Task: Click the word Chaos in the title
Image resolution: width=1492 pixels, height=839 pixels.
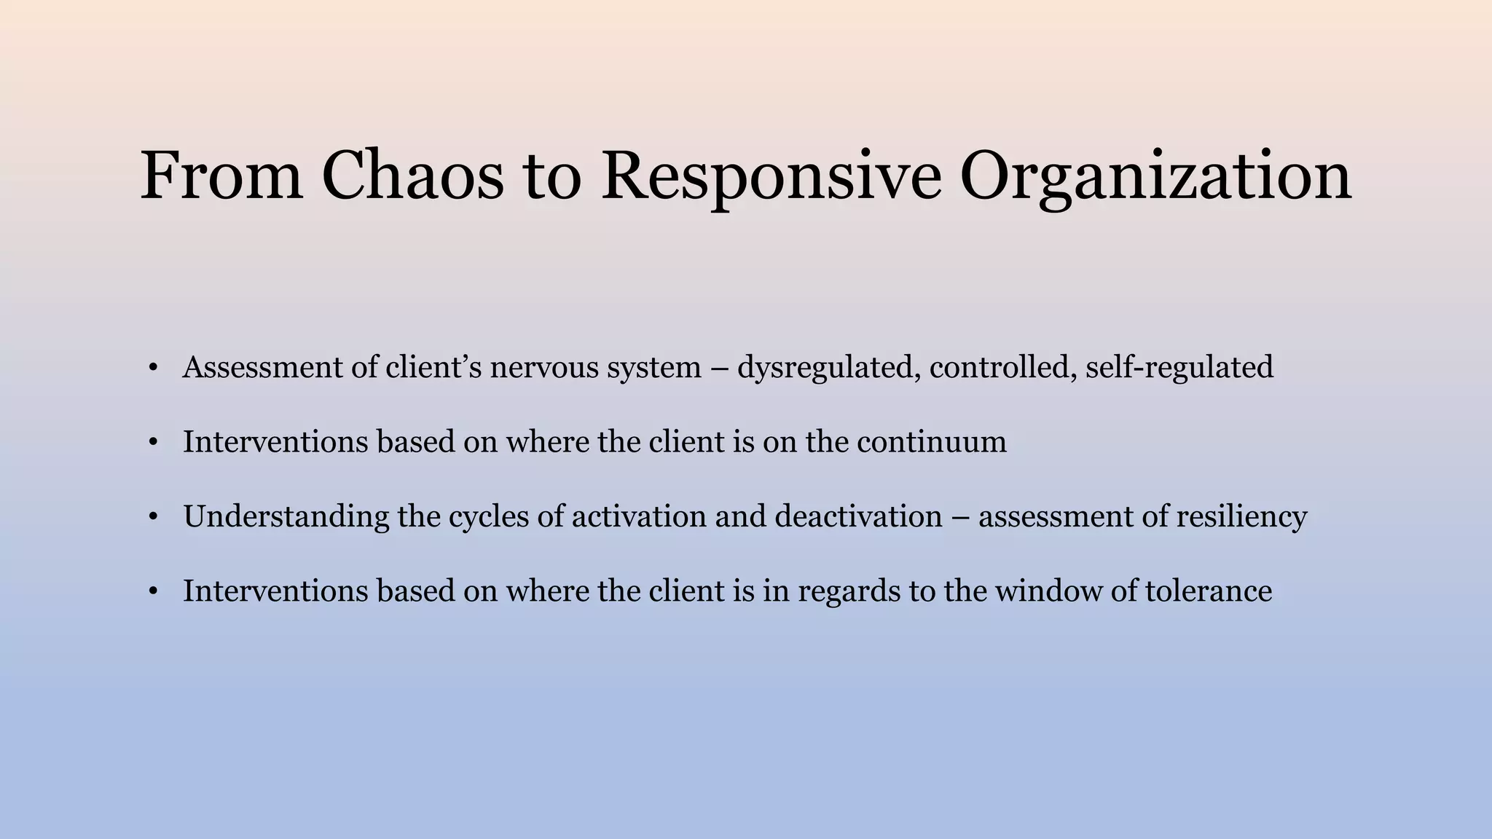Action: (412, 176)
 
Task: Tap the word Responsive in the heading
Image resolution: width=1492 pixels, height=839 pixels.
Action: (771, 176)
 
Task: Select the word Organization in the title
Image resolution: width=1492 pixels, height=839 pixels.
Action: (1155, 176)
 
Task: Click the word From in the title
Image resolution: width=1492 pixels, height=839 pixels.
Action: (221, 176)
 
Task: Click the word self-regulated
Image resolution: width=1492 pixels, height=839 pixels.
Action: (1179, 367)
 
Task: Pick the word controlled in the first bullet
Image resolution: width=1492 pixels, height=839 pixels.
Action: (1000, 367)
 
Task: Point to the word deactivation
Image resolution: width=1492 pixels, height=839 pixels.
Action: (858, 516)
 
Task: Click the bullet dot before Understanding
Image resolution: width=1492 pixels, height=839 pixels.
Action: (152, 518)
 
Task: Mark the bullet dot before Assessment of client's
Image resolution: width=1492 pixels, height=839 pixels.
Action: (152, 369)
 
